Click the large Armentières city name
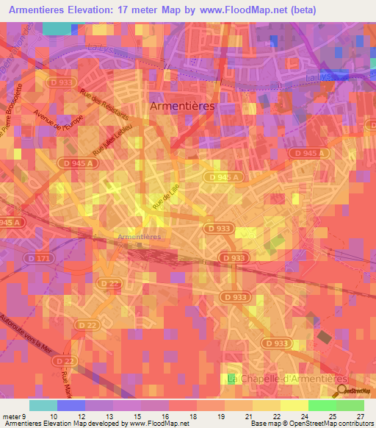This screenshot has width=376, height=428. pyautogui.click(x=182, y=106)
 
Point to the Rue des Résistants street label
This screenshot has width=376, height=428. pyautogui.click(x=107, y=105)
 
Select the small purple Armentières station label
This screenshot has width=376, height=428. pyautogui.click(x=140, y=237)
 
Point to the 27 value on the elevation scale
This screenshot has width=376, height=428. pyautogui.click(x=360, y=415)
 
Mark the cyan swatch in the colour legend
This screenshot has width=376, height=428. pyautogui.click(x=43, y=405)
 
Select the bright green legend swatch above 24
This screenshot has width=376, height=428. pyautogui.click(x=322, y=405)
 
